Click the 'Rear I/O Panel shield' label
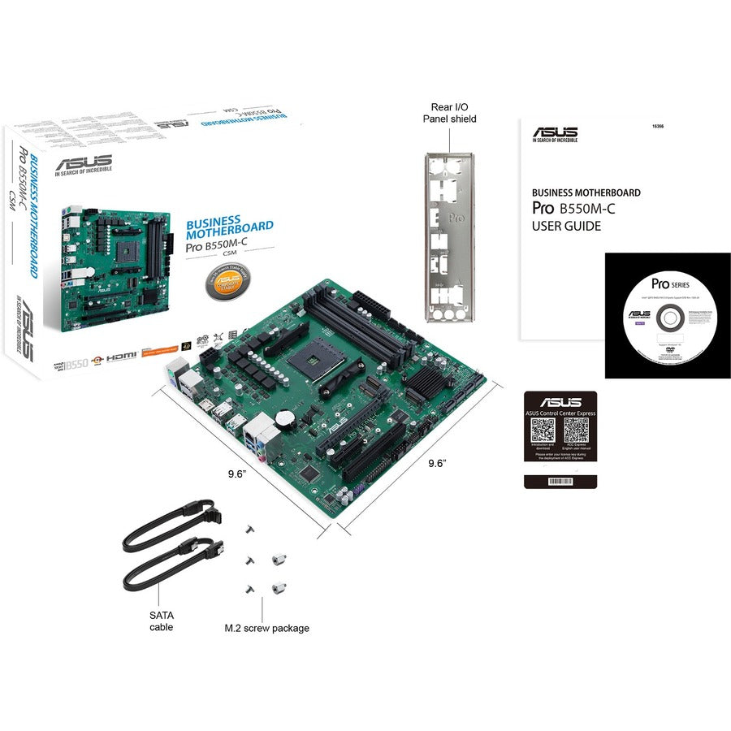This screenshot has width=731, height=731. pos(449,112)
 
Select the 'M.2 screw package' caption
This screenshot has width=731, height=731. pos(267,628)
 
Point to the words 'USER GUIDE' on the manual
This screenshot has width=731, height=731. pos(567,227)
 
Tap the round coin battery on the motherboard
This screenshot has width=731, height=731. pos(283,416)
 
